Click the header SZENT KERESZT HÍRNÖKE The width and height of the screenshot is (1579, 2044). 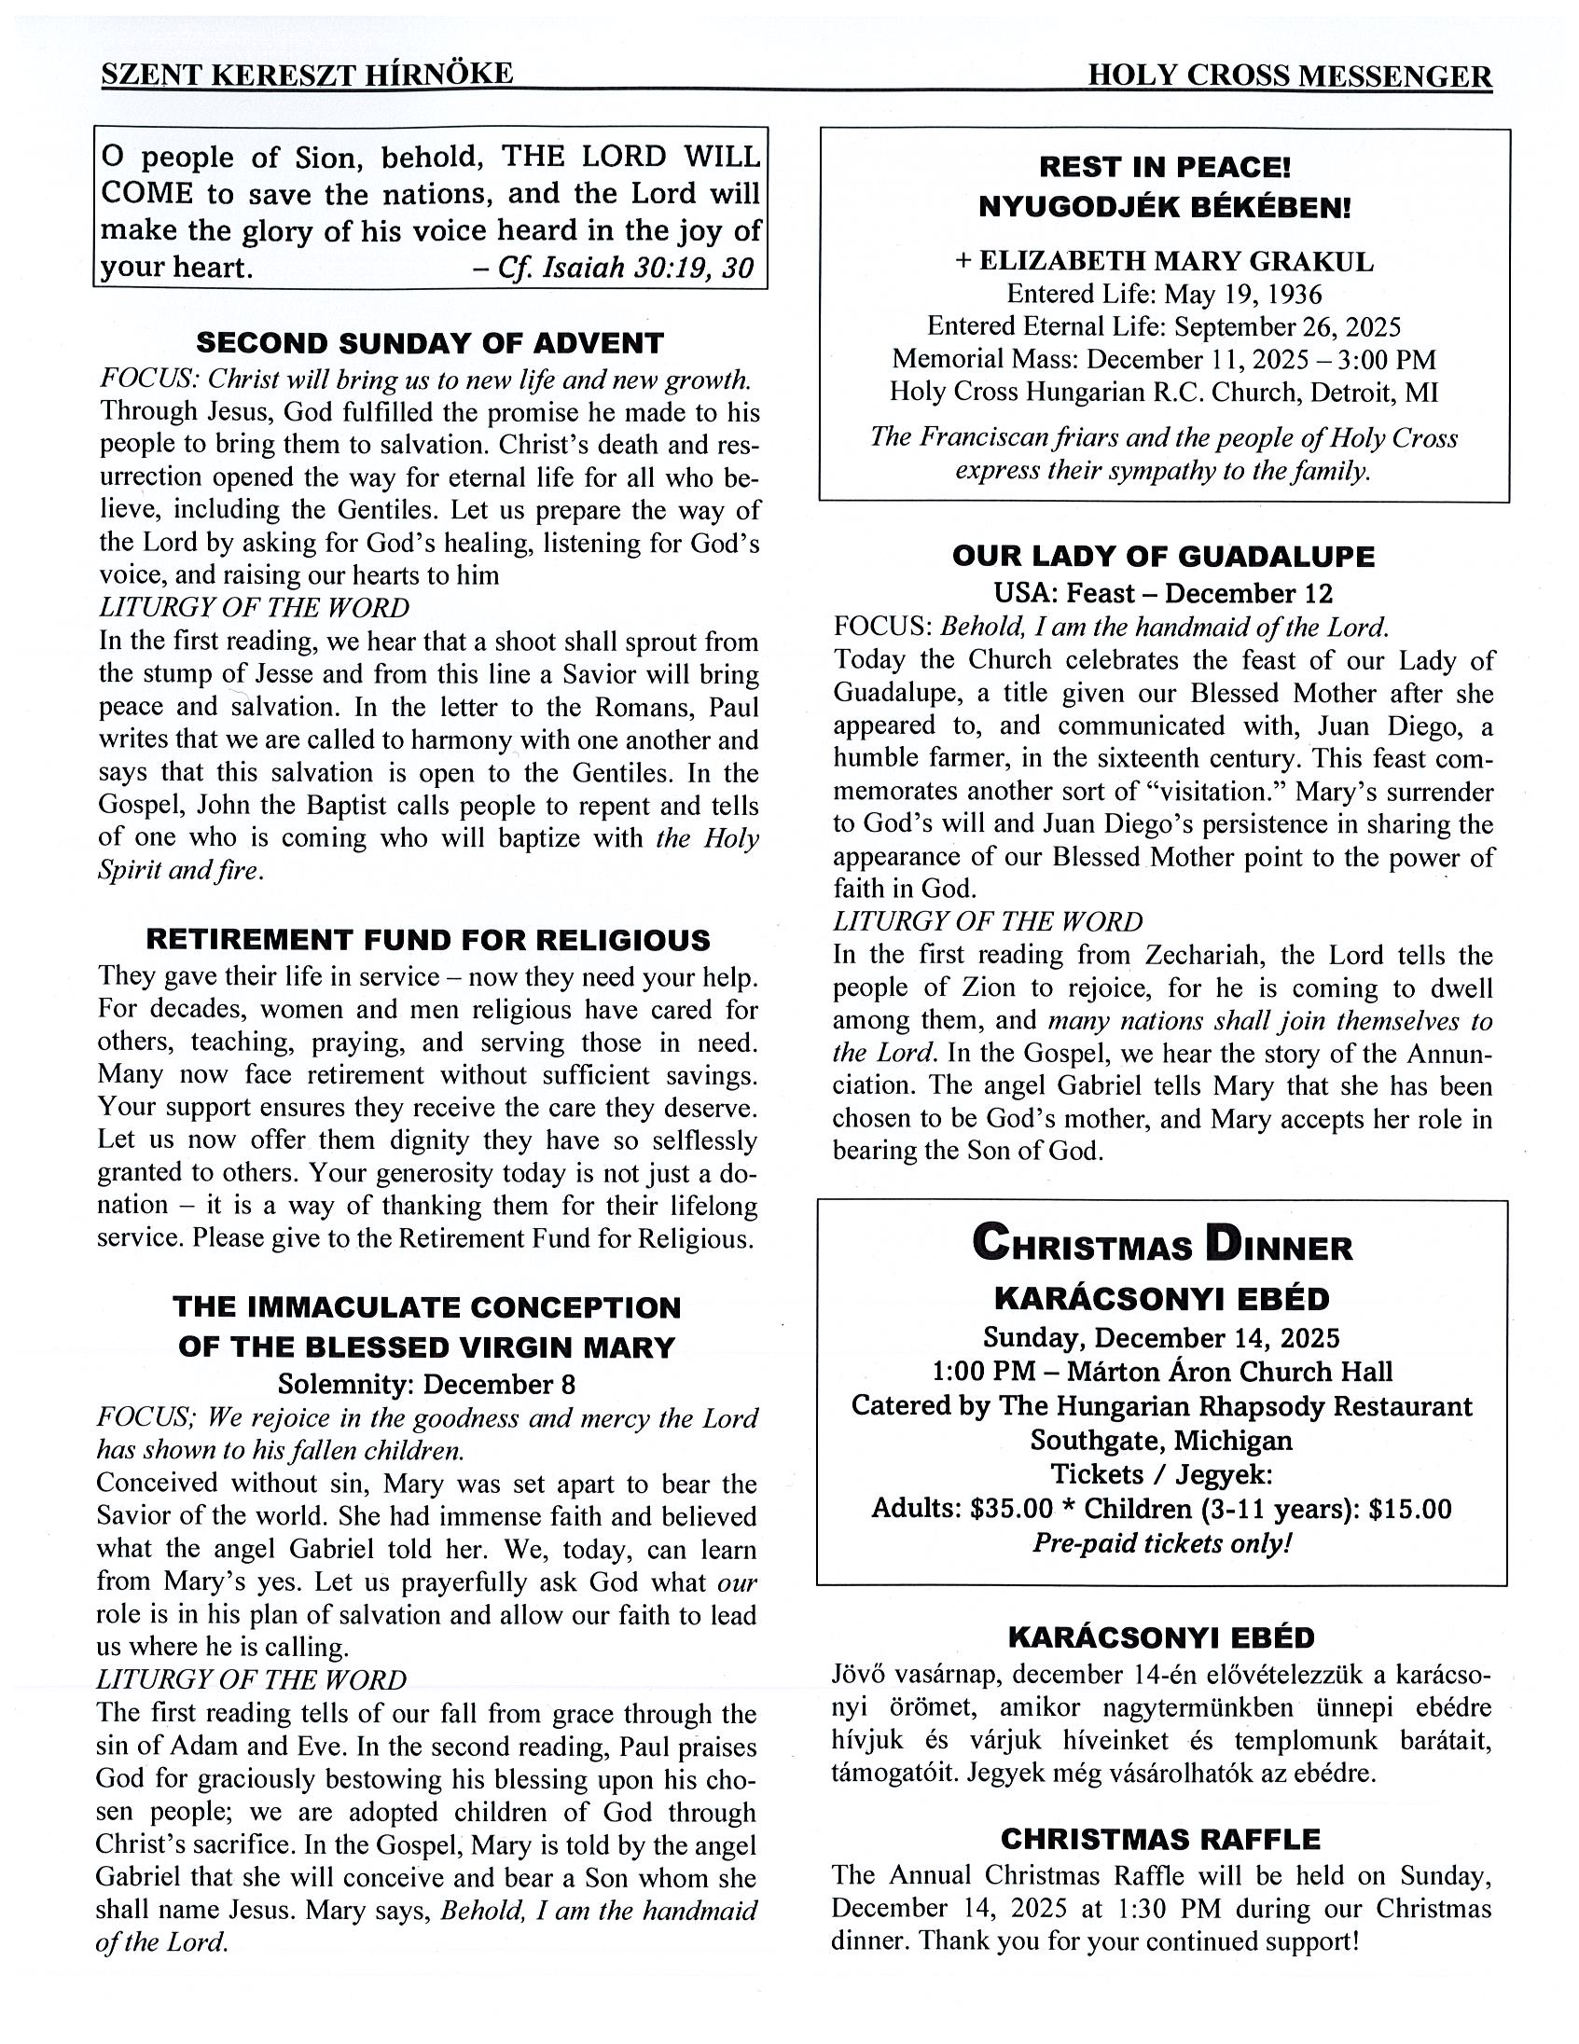click(307, 74)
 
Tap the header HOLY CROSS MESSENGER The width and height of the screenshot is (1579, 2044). click(1290, 76)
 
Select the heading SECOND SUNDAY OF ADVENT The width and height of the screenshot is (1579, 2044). click(430, 343)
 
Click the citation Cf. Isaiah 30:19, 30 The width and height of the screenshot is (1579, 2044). click(625, 269)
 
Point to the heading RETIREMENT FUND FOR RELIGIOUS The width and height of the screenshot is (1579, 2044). click(429, 940)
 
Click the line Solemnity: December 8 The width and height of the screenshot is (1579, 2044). click(427, 1384)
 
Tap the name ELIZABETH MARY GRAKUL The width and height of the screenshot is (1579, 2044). click(1175, 262)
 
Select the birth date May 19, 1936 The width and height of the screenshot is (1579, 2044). click(1243, 295)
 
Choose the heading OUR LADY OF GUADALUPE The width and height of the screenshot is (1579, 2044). click(1163, 557)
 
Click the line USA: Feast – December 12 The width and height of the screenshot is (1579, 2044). click(1163, 593)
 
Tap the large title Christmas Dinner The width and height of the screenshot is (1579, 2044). click(1162, 1245)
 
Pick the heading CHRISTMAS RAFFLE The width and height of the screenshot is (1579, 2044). click(1160, 1839)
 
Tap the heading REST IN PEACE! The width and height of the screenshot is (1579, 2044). click(1164, 168)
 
